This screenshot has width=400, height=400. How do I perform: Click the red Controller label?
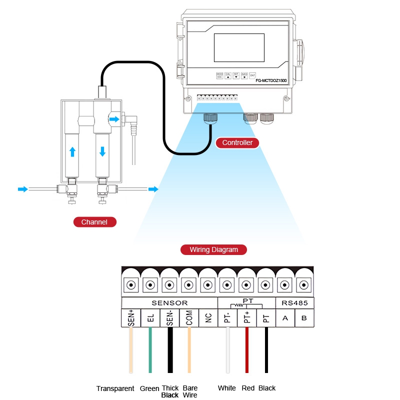[237, 142]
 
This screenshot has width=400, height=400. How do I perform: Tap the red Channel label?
[94, 222]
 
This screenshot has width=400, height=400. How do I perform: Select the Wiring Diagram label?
[213, 249]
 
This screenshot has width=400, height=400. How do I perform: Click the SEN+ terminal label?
[131, 318]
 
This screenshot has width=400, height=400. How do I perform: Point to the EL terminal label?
[150, 318]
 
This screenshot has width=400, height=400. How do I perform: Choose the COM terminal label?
[189, 318]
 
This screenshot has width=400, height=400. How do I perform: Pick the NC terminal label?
[208, 318]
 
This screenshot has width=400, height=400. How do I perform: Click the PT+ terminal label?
[246, 318]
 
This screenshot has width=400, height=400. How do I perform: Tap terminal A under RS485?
[285, 318]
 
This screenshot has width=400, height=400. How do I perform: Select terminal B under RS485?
[304, 318]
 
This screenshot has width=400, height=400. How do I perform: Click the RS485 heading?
[294, 303]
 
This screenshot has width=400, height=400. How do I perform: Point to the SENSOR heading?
[169, 303]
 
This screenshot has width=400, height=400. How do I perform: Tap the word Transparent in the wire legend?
[115, 388]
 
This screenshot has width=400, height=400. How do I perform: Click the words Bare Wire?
[190, 391]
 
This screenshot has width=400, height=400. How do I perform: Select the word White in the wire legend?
[227, 388]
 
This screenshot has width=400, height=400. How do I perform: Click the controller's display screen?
[239, 47]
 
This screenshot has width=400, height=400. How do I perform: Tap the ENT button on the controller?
[252, 75]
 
